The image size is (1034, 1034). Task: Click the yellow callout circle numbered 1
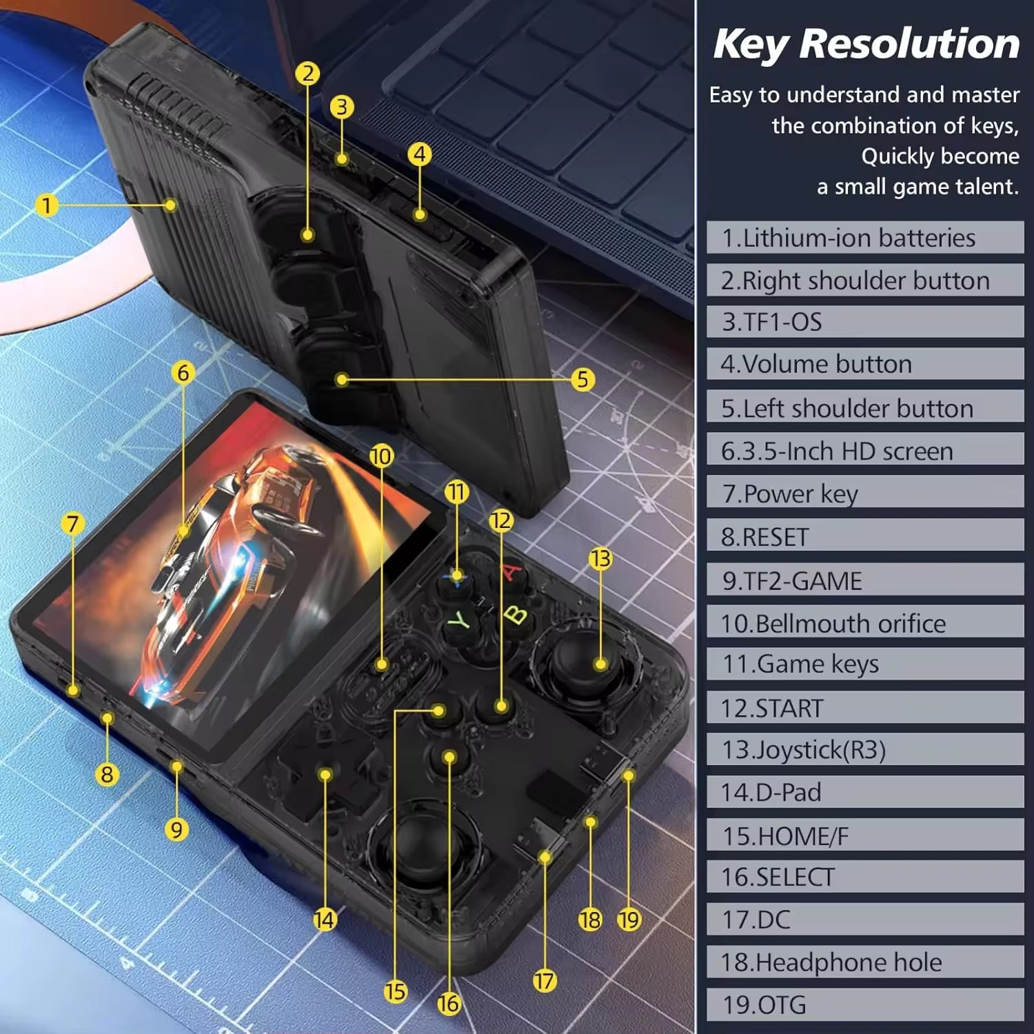tap(47, 205)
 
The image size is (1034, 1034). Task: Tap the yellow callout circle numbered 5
tap(582, 379)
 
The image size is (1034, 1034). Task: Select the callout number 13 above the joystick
tap(600, 558)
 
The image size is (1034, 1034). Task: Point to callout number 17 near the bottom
tap(544, 981)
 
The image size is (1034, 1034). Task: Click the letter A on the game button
tap(511, 572)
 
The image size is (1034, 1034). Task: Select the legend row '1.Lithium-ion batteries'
tap(864, 239)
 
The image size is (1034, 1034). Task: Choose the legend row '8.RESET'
tap(864, 537)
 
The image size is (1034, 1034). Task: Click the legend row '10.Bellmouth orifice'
tap(864, 623)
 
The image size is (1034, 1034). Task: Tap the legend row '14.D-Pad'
tap(864, 792)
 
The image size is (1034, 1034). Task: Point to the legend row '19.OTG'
tap(864, 1004)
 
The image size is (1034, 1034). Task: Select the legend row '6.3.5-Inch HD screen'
tap(864, 452)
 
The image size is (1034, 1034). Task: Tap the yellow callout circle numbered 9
tap(176, 829)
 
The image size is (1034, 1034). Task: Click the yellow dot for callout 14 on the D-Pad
tap(325, 775)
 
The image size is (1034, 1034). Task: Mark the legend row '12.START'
tap(864, 708)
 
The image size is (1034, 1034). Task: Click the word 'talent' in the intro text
tap(982, 187)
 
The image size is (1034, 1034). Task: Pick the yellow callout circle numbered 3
tap(341, 107)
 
